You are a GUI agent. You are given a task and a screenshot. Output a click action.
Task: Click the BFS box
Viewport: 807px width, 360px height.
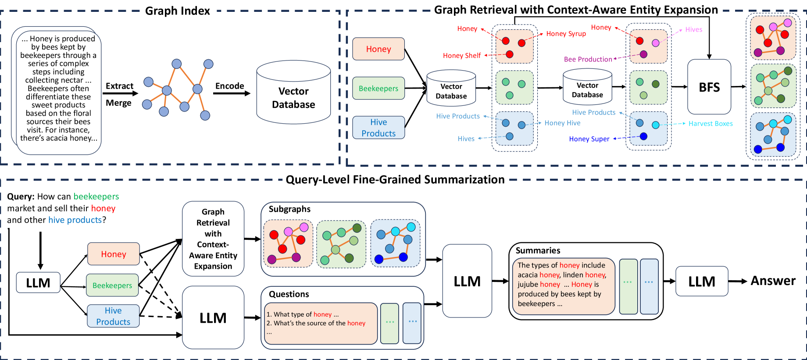pyautogui.click(x=709, y=87)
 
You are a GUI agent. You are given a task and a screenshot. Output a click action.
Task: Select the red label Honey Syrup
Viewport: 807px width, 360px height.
pyautogui.click(x=566, y=34)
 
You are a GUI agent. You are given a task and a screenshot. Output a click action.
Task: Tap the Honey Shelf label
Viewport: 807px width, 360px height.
pyautogui.click(x=461, y=56)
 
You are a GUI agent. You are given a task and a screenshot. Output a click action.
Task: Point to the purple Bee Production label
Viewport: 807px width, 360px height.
pyautogui.click(x=588, y=59)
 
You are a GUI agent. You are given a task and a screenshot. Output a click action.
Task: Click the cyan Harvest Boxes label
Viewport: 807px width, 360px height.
pyautogui.click(x=710, y=124)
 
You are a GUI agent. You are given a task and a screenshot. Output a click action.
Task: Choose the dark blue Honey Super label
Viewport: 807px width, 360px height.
pyautogui.click(x=589, y=139)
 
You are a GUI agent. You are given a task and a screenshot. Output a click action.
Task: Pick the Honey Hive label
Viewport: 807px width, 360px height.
pyautogui.click(x=562, y=123)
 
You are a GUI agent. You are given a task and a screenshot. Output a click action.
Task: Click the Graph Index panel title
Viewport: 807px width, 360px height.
pyautogui.click(x=177, y=11)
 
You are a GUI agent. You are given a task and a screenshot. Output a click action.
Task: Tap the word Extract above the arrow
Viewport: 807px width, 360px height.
pyautogui.click(x=119, y=86)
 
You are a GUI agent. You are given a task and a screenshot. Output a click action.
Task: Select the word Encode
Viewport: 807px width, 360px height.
pyautogui.click(x=229, y=86)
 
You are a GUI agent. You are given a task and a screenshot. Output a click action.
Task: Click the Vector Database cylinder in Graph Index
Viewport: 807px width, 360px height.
pyautogui.click(x=293, y=97)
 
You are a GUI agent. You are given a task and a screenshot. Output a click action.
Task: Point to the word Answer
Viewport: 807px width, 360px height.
pyautogui.click(x=773, y=281)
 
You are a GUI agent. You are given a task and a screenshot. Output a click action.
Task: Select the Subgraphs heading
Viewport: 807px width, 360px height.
pyautogui.click(x=289, y=209)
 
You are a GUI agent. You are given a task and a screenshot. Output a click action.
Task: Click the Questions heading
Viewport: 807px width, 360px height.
pyautogui.click(x=289, y=294)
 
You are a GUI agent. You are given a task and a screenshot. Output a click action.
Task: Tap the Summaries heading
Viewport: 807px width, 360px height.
pyautogui.click(x=538, y=250)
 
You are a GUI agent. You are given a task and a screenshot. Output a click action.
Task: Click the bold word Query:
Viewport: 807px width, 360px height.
pyautogui.click(x=21, y=196)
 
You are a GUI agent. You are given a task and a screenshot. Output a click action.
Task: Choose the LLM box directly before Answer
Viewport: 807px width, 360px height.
pyautogui.click(x=701, y=281)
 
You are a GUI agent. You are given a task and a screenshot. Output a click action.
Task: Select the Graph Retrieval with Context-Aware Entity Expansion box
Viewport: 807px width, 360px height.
pyautogui.click(x=213, y=239)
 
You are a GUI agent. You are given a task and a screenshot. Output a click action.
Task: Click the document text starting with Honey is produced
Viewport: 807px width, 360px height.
pyautogui.click(x=58, y=88)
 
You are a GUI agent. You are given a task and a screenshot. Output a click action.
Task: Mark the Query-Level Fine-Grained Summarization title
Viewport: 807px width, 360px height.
pyautogui.click(x=395, y=179)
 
